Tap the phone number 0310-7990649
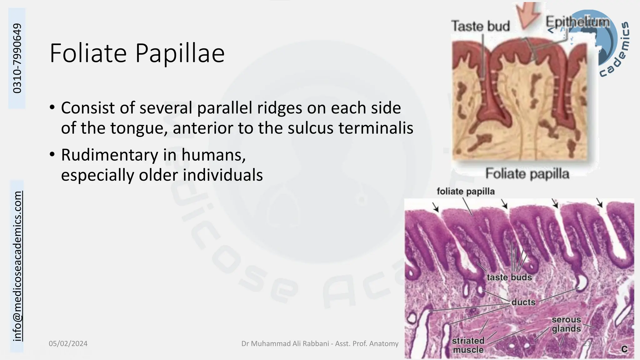(17, 58)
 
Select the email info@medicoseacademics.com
(17, 266)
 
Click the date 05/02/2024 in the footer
(68, 344)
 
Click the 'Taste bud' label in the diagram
(480, 26)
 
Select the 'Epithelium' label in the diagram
(577, 22)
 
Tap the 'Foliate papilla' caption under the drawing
(527, 174)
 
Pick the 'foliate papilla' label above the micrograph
(466, 191)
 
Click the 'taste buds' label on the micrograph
(509, 277)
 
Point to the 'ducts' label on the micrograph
(523, 302)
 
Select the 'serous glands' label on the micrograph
(566, 324)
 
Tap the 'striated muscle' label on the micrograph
(468, 345)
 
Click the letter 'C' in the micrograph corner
(624, 349)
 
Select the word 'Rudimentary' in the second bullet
(110, 155)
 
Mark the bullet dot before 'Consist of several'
(52, 107)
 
